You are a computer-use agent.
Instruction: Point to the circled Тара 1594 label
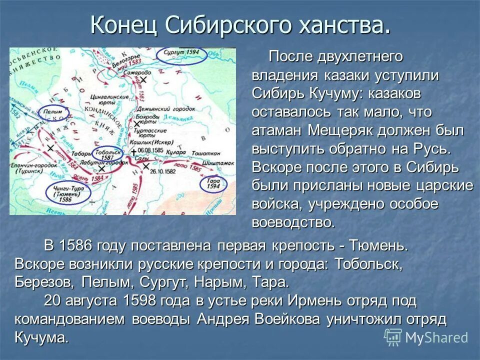coord(213,183)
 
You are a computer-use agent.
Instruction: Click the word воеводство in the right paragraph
coord(293,222)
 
